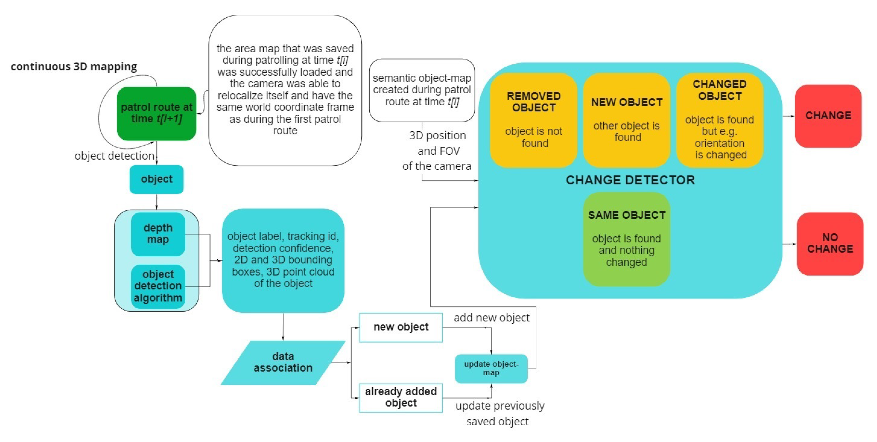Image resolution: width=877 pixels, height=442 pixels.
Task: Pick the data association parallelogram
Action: click(x=283, y=362)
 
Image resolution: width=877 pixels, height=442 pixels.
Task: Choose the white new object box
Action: click(x=401, y=327)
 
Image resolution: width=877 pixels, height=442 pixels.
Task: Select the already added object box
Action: click(x=401, y=397)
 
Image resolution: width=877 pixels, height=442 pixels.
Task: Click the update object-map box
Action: click(x=491, y=369)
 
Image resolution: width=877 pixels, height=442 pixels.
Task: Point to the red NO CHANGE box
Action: click(x=830, y=243)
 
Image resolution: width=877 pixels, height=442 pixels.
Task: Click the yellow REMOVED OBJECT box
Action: click(x=533, y=120)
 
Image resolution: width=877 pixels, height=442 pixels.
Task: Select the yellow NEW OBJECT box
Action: click(x=626, y=120)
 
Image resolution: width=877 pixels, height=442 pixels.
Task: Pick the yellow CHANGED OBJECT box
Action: click(x=719, y=120)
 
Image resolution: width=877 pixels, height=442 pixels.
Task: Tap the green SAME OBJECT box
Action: click(x=626, y=239)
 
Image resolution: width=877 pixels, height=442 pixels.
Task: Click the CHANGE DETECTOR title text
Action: click(x=630, y=180)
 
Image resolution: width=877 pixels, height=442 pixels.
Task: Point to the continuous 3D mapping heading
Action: click(x=74, y=66)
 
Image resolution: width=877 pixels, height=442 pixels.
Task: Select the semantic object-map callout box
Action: click(x=422, y=90)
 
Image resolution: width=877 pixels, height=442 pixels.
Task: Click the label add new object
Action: click(x=492, y=318)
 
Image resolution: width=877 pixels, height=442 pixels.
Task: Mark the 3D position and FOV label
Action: click(x=437, y=151)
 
